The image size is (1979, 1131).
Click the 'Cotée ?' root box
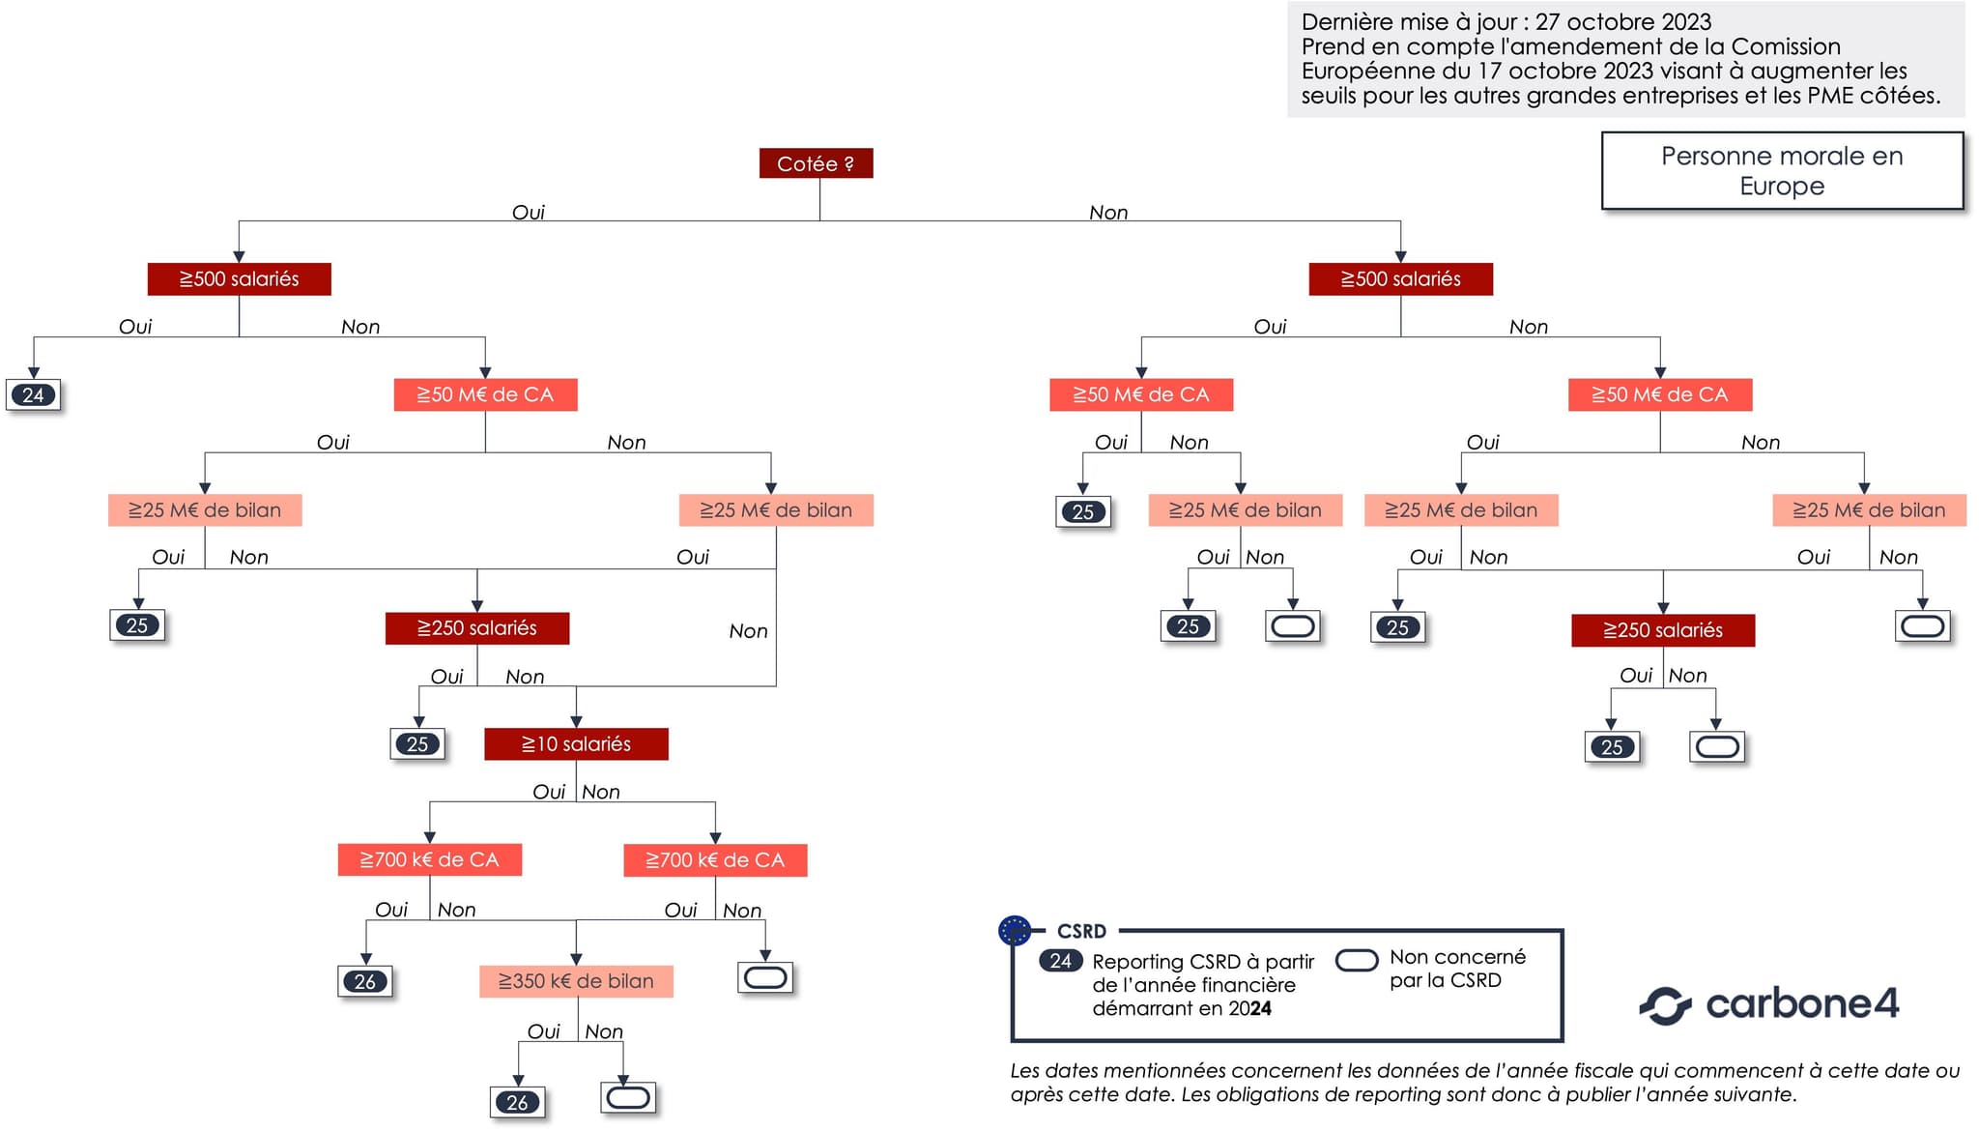point(816,163)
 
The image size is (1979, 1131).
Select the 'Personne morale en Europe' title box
point(1782,171)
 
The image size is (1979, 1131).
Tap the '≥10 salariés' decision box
point(576,743)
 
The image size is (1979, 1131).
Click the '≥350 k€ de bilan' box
point(576,981)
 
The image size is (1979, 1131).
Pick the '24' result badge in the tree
point(34,394)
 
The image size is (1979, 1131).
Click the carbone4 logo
point(1769,1004)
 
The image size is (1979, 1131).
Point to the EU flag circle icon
point(1015,931)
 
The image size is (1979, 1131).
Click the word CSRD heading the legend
point(1081,931)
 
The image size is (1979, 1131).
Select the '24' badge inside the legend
point(1060,961)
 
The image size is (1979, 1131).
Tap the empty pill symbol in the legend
point(1356,960)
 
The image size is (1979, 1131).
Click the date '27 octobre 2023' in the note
point(1622,22)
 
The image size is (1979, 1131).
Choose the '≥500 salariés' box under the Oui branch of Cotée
point(240,278)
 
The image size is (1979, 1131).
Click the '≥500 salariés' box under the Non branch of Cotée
point(1400,278)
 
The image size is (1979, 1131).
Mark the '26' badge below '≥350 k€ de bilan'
point(518,1102)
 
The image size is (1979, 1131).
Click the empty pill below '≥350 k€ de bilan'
point(628,1097)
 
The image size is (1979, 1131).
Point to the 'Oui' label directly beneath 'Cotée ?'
point(528,212)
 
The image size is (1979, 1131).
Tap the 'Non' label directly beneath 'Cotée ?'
point(1108,212)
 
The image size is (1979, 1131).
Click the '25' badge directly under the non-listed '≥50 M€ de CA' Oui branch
point(1083,511)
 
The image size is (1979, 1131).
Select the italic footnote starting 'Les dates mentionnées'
point(1484,1083)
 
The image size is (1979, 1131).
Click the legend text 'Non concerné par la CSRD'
point(1457,969)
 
